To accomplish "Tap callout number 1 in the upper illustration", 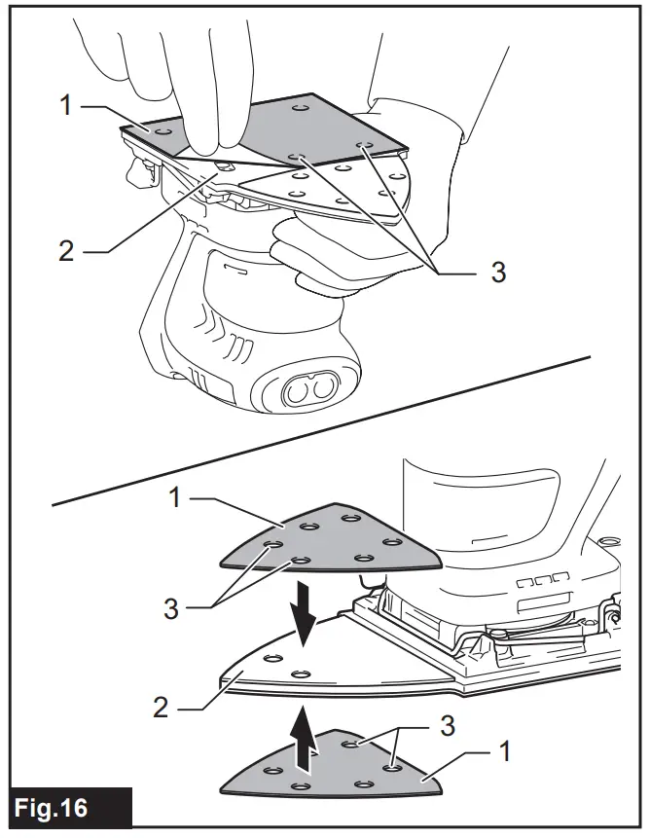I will (66, 103).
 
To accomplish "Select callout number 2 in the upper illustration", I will (66, 250).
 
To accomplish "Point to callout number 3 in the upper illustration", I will (497, 273).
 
